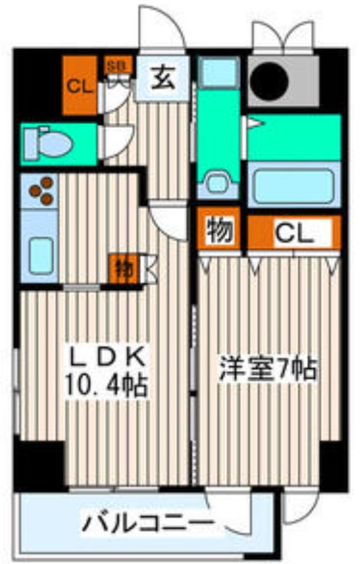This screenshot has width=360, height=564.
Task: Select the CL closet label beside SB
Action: coord(79,85)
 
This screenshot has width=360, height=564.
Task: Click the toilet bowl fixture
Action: coord(47,143)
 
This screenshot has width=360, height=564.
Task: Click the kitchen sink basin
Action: coord(39,255)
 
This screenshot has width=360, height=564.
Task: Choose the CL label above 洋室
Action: coord(293,233)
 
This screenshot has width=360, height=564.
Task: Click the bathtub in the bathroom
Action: coord(294,185)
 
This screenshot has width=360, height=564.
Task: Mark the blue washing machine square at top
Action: coord(218,72)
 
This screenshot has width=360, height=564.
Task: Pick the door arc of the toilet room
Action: coord(120,138)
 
